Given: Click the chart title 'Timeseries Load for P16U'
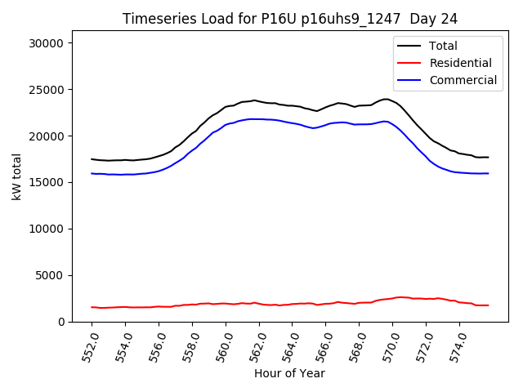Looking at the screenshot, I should pyautogui.click(x=289, y=19).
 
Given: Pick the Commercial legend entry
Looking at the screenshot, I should pyautogui.click(x=463, y=80).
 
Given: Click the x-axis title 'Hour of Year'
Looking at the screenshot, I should pyautogui.click(x=289, y=373).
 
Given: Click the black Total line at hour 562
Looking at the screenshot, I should pyautogui.click(x=259, y=101).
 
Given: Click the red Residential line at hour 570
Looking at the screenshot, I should pyautogui.click(x=392, y=298).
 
